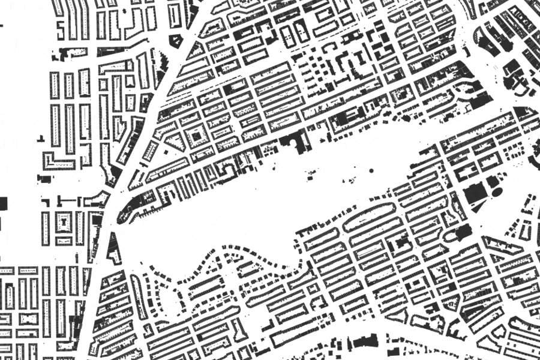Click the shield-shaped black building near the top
[x=176, y=41]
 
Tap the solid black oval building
[x=497, y=191]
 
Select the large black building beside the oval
[x=475, y=193]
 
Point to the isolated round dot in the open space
[x=371, y=171]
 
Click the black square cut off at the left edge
[x=3, y=202]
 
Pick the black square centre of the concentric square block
[x=196, y=137]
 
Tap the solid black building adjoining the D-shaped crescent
[x=464, y=232]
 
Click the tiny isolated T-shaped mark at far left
[x=41, y=139]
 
